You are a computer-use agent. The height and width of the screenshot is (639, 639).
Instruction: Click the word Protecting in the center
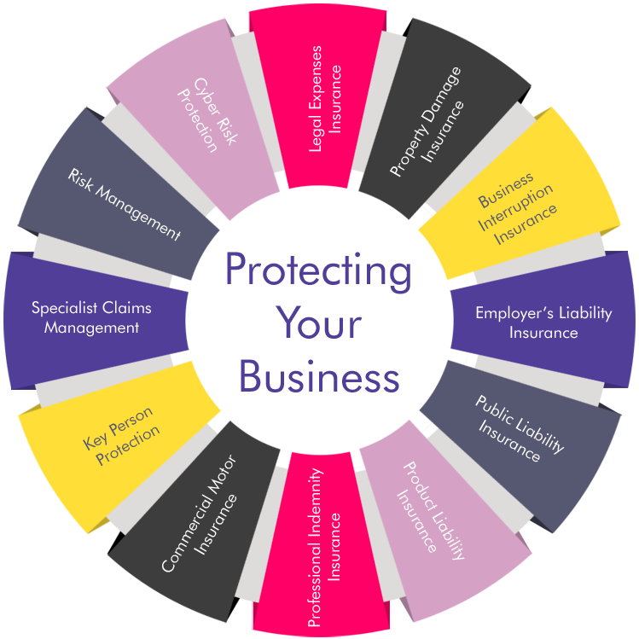(318, 271)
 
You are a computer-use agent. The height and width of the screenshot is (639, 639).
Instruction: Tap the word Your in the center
(319, 322)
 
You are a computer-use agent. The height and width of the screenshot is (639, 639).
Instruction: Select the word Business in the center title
(319, 375)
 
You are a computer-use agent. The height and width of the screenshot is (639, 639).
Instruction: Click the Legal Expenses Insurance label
(325, 99)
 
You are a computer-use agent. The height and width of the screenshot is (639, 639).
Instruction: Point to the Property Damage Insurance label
(427, 122)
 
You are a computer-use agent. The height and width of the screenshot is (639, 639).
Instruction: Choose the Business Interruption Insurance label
(518, 209)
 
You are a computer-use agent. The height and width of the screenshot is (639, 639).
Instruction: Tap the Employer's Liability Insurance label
(543, 322)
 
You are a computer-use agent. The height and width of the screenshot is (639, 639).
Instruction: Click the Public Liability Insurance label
(520, 428)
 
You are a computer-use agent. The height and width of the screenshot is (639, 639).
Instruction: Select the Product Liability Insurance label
(430, 511)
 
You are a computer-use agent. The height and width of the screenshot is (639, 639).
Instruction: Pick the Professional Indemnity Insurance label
(324, 548)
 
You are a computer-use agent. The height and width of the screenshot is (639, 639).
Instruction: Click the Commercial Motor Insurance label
(200, 514)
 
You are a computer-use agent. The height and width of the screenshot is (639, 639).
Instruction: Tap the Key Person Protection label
(121, 436)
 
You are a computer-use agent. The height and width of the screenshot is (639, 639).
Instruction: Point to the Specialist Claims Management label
(91, 318)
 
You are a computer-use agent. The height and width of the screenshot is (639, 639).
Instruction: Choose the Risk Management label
(125, 204)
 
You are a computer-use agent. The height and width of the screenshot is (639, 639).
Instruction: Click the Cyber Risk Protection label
(206, 115)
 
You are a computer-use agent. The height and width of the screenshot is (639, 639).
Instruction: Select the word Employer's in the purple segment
(514, 313)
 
